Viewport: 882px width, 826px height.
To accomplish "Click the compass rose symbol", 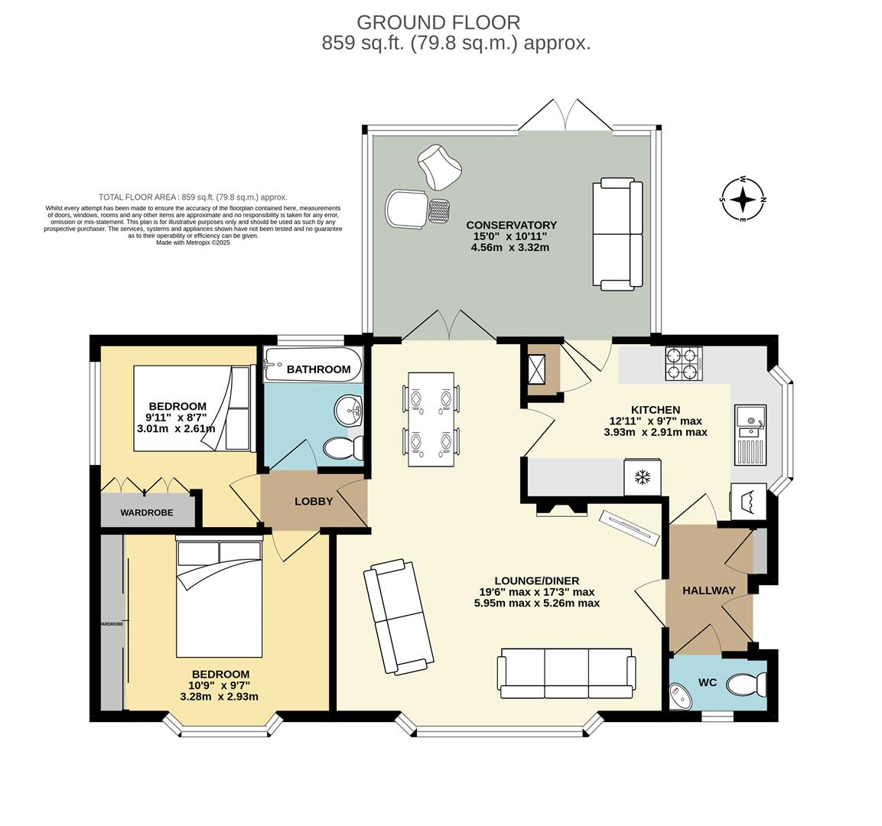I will pyautogui.click(x=742, y=200).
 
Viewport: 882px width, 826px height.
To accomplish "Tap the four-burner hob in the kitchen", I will pyautogui.click(x=684, y=363).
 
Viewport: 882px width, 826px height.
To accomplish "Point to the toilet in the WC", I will pyautogui.click(x=747, y=684).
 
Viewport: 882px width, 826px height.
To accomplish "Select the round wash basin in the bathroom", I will pyautogui.click(x=349, y=410).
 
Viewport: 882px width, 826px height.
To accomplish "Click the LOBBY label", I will pyautogui.click(x=314, y=502).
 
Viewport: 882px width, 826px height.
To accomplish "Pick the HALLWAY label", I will pyautogui.click(x=708, y=590).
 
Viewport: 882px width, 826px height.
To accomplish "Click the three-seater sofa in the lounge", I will pyautogui.click(x=566, y=673).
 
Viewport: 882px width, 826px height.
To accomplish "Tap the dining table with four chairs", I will pyautogui.click(x=431, y=419).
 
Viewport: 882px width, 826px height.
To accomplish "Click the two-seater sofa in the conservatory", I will pyautogui.click(x=617, y=234).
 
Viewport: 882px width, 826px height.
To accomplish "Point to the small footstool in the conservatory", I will pyautogui.click(x=438, y=210).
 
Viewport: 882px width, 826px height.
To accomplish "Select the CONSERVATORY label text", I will pyautogui.click(x=511, y=225).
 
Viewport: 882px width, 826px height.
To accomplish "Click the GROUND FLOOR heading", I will pyautogui.click(x=438, y=22).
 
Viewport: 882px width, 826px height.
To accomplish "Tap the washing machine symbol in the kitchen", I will pyautogui.click(x=748, y=502).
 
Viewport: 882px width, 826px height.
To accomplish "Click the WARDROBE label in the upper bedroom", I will pyautogui.click(x=147, y=512).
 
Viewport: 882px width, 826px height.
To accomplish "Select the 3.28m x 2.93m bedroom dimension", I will pyautogui.click(x=219, y=697).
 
